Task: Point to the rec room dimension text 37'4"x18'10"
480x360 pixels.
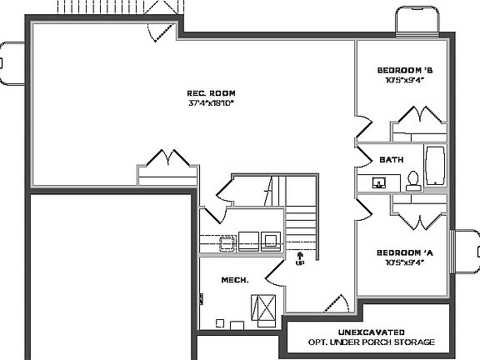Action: (x=211, y=103)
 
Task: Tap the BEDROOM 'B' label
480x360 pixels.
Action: (x=404, y=70)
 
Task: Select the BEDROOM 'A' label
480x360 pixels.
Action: (x=404, y=252)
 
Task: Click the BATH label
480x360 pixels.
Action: (x=391, y=159)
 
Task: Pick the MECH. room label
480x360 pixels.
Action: (x=235, y=280)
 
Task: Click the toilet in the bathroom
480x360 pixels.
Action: (x=412, y=181)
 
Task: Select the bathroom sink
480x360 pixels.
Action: (x=378, y=182)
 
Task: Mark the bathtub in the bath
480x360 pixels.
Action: (x=436, y=167)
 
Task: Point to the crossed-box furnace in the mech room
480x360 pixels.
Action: (x=265, y=308)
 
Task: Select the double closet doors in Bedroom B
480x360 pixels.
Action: (x=417, y=118)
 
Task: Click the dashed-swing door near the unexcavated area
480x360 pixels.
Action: (x=335, y=302)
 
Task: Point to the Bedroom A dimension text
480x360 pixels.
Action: (x=404, y=262)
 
